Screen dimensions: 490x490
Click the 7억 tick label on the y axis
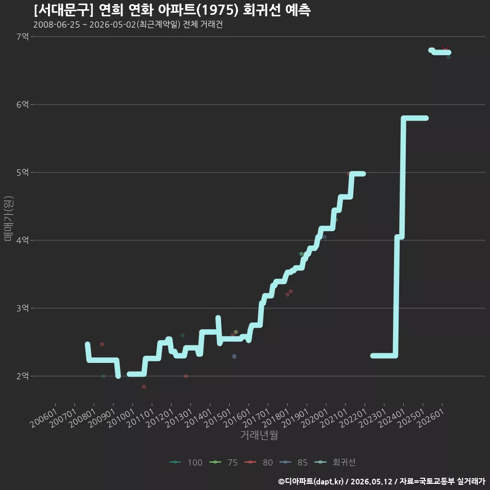point(22,37)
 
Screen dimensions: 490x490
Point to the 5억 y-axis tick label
point(22,173)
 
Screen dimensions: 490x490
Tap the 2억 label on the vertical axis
point(22,376)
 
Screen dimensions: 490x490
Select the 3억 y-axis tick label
point(22,308)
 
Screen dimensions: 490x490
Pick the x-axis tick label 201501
point(218,418)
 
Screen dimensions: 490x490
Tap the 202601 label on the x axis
point(431,418)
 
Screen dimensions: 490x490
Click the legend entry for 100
point(186,462)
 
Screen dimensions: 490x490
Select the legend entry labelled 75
point(224,462)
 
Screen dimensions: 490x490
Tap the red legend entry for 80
point(259,462)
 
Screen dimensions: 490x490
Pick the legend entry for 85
point(294,462)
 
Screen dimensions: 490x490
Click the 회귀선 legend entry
point(335,462)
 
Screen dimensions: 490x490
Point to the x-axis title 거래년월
point(259,435)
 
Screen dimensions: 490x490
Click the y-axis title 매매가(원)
point(9,218)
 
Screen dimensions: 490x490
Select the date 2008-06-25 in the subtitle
point(57,24)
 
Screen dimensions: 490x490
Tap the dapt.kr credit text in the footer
point(328,481)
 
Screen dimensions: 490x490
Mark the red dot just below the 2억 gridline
point(144,386)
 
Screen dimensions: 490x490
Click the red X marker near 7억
point(445,49)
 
